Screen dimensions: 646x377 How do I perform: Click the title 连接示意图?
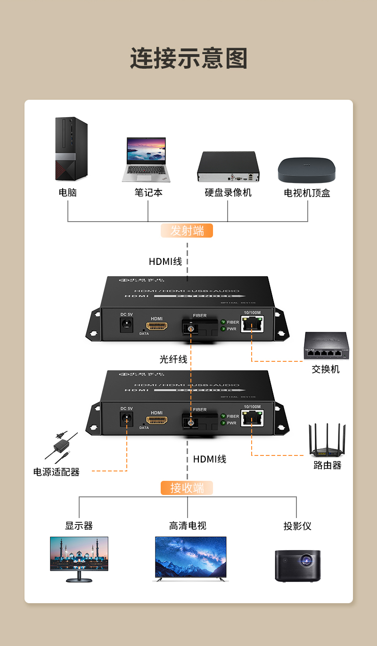(188, 59)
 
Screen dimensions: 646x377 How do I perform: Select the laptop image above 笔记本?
(146, 160)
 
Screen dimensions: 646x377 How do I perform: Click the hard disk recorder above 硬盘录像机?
(228, 167)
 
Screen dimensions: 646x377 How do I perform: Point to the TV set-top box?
(307, 170)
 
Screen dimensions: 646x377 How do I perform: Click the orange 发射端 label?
(187, 231)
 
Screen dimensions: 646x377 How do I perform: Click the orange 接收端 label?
(187, 488)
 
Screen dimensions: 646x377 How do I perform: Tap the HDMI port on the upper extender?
(157, 326)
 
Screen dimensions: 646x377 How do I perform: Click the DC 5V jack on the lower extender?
(126, 418)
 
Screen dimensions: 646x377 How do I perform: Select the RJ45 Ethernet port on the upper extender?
(252, 324)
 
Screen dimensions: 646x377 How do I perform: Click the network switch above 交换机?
(326, 346)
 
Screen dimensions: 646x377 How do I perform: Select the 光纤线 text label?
(173, 359)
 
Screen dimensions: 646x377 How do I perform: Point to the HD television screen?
(190, 557)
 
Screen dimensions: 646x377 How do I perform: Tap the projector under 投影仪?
(297, 565)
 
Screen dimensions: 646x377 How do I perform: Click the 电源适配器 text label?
(57, 472)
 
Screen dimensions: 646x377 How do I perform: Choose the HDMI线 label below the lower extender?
(210, 459)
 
